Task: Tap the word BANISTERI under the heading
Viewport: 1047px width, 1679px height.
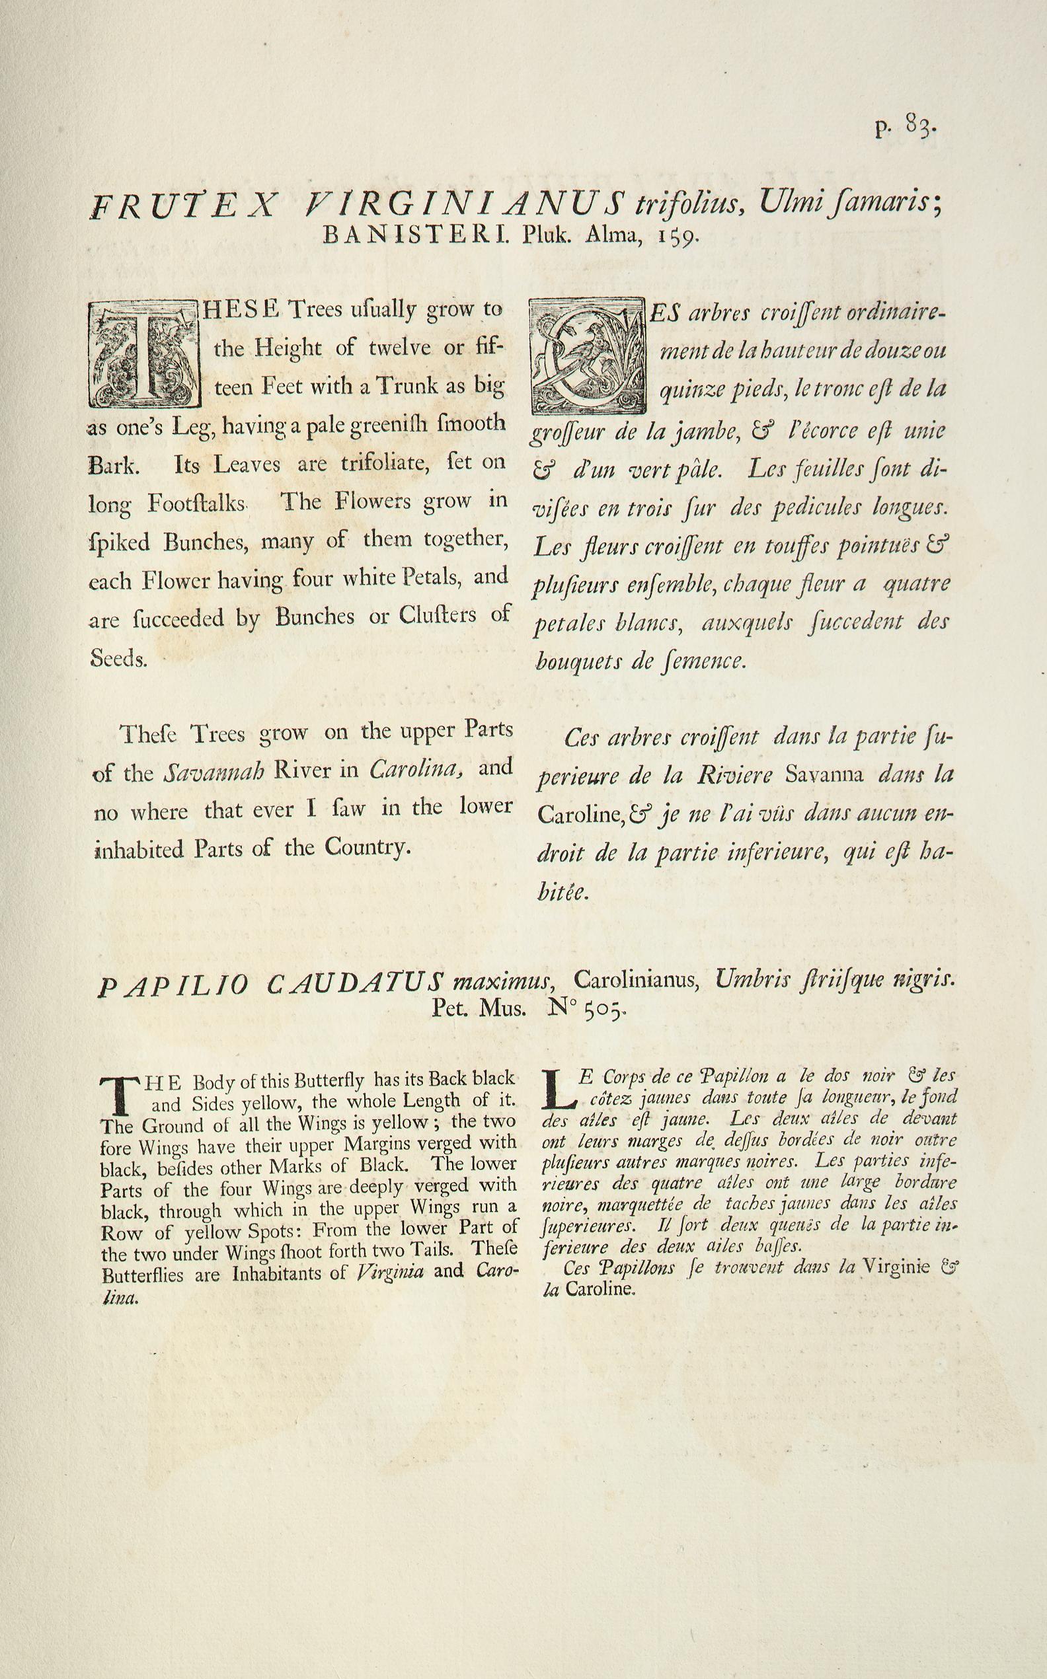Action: point(416,237)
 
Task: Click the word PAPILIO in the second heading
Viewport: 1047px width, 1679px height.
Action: point(173,987)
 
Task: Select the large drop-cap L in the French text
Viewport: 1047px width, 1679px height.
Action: point(557,1088)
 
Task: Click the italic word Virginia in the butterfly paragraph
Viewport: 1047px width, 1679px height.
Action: point(390,1272)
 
